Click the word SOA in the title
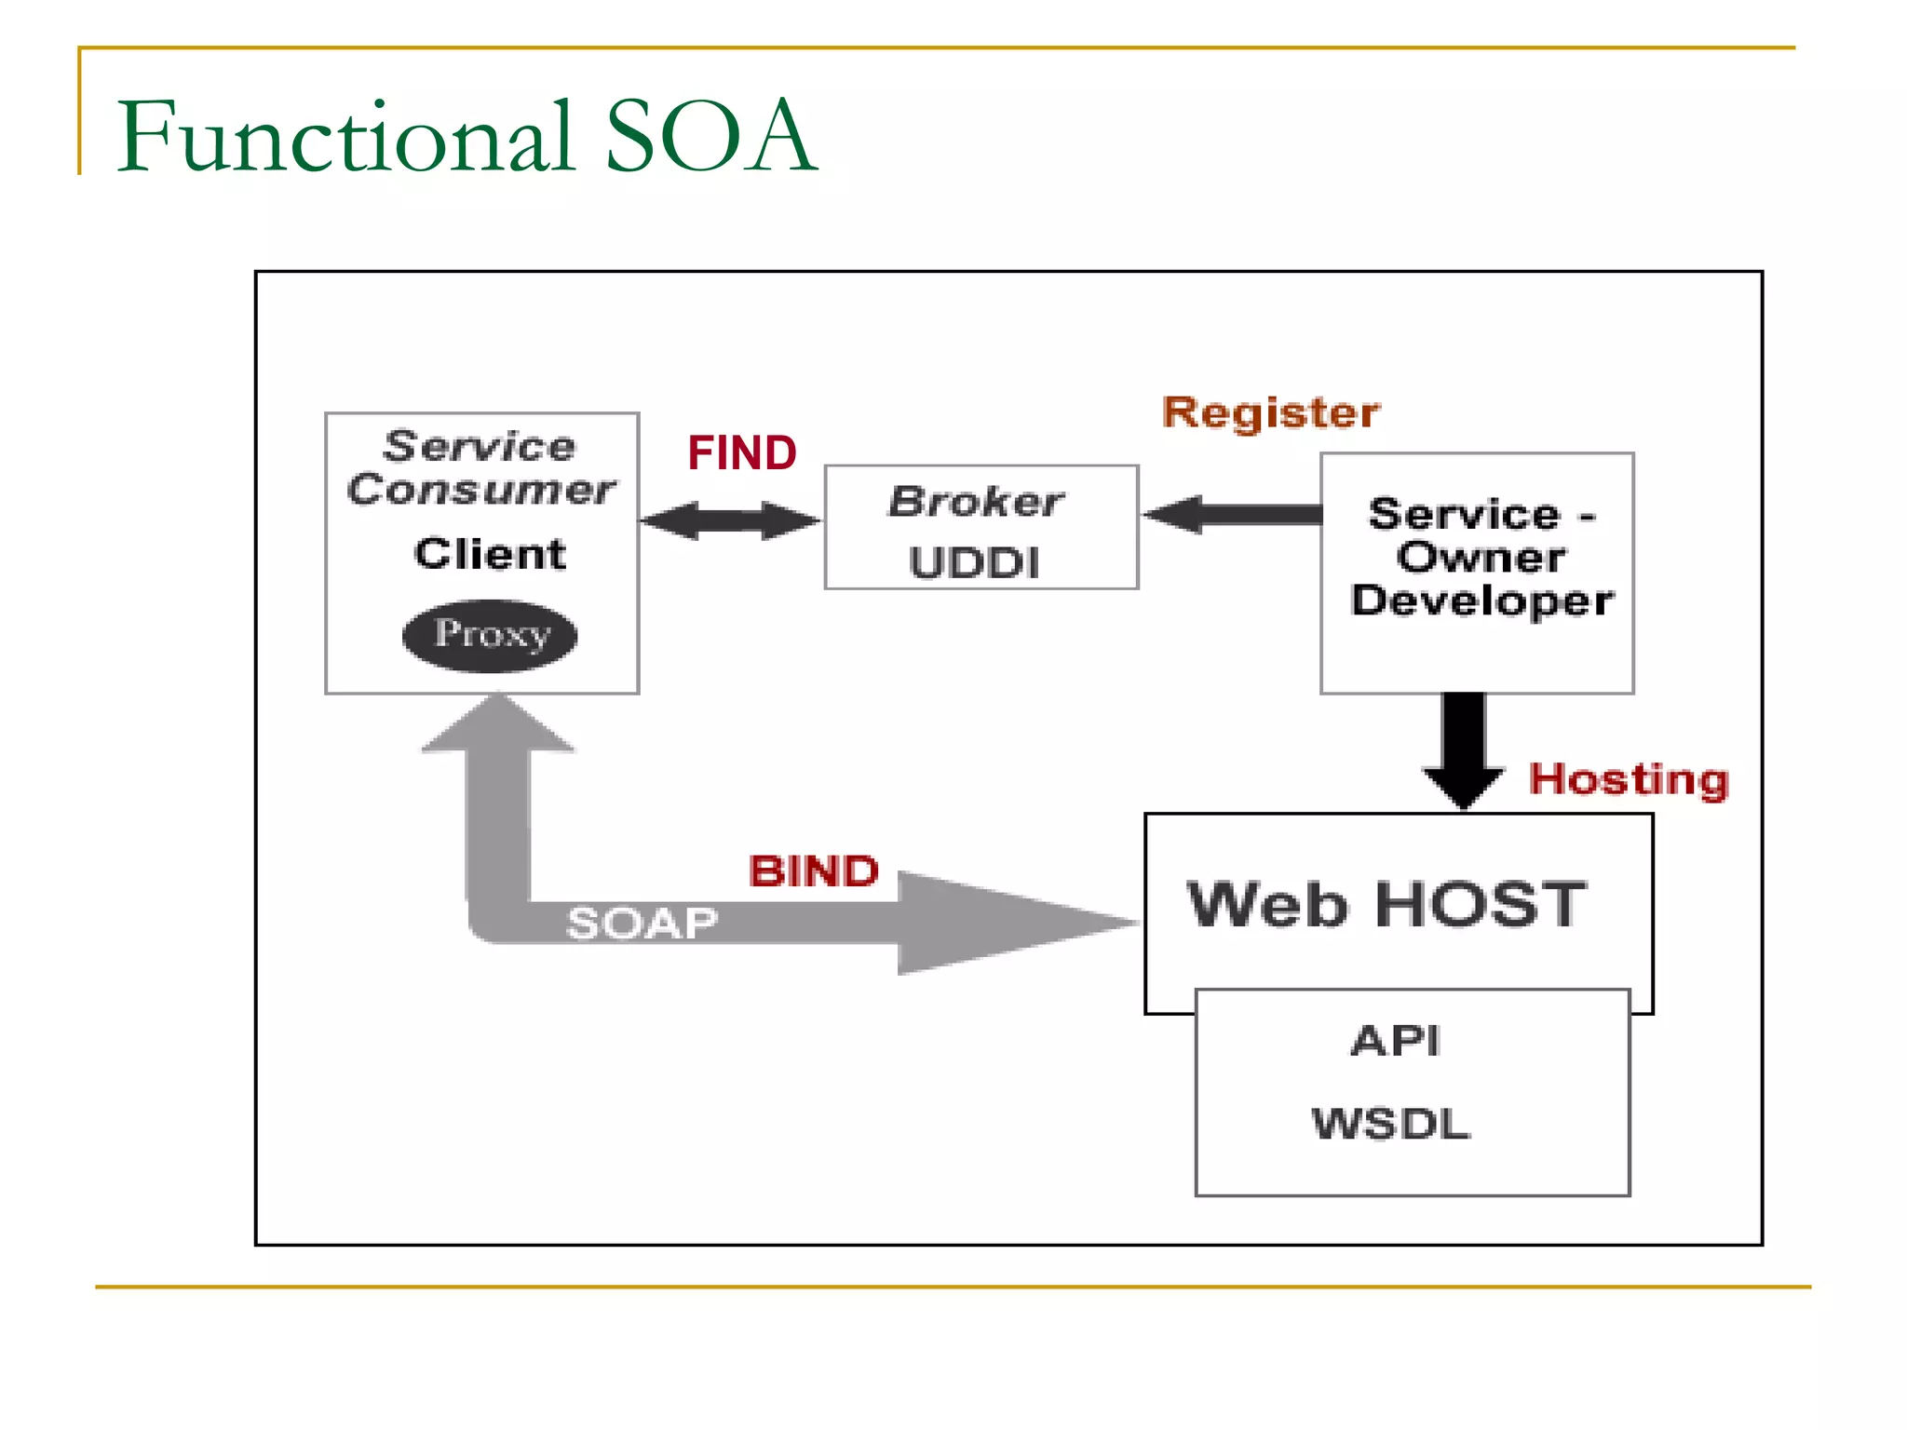coord(711,137)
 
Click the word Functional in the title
coord(345,137)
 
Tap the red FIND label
coord(742,453)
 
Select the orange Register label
coord(1271,412)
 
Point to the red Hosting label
coord(1629,779)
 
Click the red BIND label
coord(814,871)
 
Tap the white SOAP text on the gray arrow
coord(642,924)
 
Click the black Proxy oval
coord(490,636)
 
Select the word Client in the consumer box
coord(490,554)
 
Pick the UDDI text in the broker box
coord(974,563)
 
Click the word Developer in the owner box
coord(1481,600)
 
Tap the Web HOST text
coord(1386,904)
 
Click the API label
coord(1396,1040)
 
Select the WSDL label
coord(1391,1124)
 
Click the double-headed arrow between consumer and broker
coord(730,520)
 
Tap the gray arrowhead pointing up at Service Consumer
coord(499,727)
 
